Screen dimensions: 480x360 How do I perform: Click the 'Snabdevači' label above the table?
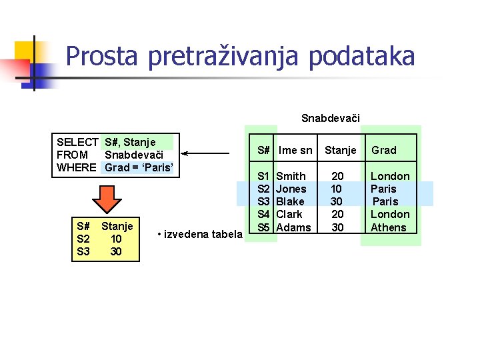coord(330,119)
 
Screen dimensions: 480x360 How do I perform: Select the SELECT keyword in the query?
coord(77,142)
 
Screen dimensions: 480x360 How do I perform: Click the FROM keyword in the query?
coord(72,155)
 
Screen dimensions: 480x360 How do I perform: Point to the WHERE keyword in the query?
coord(77,167)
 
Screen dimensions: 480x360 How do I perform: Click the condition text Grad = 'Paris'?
coord(139,167)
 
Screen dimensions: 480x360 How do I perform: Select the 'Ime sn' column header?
coord(295,150)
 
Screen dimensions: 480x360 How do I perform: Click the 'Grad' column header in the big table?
coord(383,150)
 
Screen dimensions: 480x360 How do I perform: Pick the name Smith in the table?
coord(291,176)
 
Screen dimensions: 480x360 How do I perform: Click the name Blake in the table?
coord(290,201)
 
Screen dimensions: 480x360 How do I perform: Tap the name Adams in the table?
coord(293,227)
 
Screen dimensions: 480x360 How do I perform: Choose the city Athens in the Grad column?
coord(389,227)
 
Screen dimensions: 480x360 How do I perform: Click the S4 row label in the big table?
coord(263,214)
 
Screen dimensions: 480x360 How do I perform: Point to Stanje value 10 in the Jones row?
coord(337,189)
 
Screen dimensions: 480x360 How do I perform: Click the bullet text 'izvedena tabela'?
coord(200,234)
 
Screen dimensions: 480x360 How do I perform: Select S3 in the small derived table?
coord(83,251)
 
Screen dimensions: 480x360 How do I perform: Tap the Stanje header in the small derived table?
coord(117,226)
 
